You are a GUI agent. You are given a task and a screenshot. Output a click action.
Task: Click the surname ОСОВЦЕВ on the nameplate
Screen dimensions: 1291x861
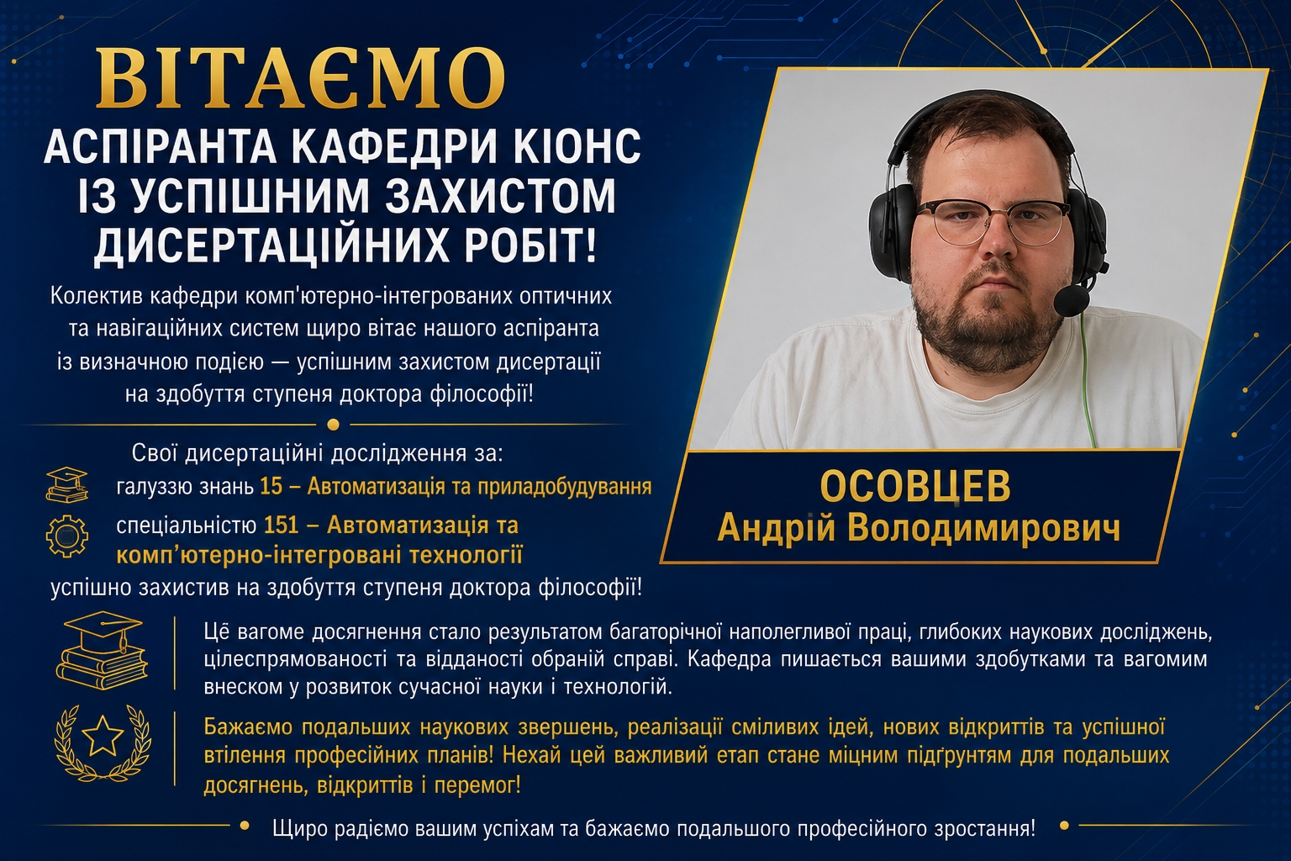(914, 487)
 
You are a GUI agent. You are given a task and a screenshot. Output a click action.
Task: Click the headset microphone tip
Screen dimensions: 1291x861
(1072, 300)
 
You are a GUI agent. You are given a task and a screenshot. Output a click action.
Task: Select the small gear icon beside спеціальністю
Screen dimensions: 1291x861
(67, 536)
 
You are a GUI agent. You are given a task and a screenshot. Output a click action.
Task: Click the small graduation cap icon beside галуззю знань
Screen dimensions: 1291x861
(67, 484)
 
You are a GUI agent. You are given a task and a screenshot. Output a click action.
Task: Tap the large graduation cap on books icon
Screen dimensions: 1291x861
(103, 651)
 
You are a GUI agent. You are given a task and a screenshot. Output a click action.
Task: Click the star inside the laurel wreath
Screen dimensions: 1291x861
(103, 735)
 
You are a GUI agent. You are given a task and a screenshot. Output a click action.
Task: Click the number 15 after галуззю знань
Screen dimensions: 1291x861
(271, 487)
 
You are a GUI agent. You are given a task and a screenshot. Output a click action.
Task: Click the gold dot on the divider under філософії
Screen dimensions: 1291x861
(333, 425)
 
